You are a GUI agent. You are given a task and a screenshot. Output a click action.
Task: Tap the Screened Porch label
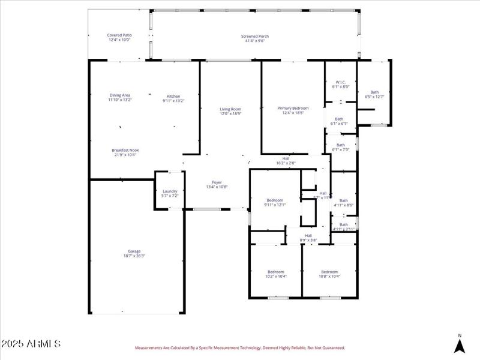coord(255,39)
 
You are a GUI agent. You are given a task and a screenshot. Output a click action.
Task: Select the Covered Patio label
coord(119,38)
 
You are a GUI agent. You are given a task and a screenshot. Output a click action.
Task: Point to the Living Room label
coord(230,111)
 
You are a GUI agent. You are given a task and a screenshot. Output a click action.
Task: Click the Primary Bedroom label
coord(293,110)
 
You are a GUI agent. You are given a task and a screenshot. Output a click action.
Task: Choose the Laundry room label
coord(170,193)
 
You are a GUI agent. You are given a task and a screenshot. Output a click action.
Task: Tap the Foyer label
coord(217,184)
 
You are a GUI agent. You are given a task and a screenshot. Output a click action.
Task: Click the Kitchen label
coord(173,98)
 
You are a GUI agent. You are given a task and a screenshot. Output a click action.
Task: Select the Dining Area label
coord(120,97)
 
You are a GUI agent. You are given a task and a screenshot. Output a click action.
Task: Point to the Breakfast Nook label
coord(125,152)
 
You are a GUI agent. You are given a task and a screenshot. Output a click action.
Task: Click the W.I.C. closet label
coord(340,85)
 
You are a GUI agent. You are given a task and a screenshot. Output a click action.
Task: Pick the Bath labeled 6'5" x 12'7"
coord(374,94)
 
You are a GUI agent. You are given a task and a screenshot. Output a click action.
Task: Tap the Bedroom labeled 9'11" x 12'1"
coord(275,202)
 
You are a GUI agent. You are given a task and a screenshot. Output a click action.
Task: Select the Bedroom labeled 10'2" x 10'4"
coord(276,274)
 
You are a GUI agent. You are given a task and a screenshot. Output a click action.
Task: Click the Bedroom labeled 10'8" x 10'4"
coord(329,274)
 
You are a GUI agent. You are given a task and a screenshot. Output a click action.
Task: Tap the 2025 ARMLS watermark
coord(31,344)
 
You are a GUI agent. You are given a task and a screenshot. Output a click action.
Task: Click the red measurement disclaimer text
coord(240,347)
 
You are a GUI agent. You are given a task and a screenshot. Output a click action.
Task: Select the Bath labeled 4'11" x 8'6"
coord(343,203)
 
